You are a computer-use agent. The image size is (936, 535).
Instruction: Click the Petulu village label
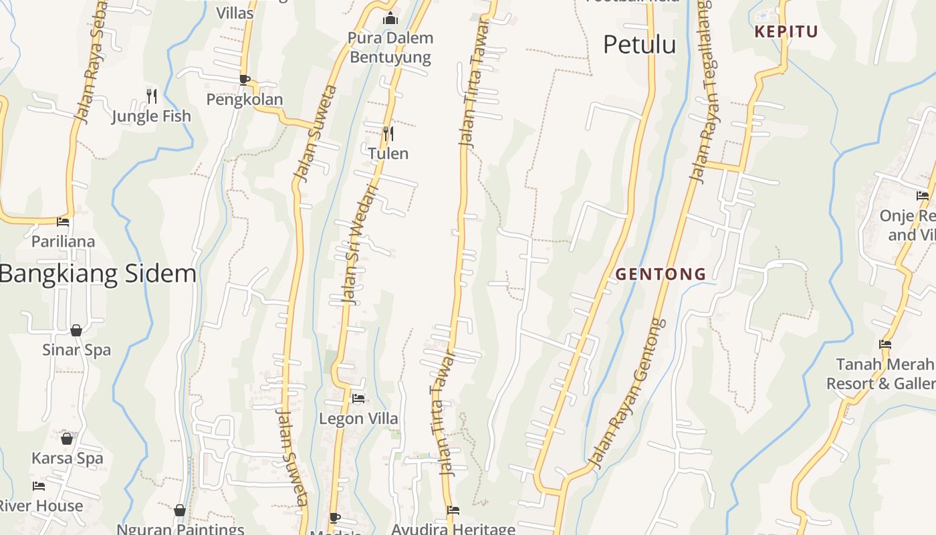(x=639, y=45)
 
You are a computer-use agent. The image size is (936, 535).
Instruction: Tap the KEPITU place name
(x=786, y=31)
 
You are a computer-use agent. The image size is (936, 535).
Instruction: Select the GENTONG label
(x=661, y=274)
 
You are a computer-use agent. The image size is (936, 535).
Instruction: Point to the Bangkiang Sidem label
(x=98, y=274)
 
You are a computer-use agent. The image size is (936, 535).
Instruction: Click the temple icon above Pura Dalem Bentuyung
(x=390, y=19)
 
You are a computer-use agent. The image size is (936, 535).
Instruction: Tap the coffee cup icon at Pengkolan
(x=245, y=80)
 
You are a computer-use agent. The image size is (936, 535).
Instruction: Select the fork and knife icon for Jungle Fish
(x=152, y=96)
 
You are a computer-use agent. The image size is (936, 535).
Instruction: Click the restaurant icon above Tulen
(x=388, y=134)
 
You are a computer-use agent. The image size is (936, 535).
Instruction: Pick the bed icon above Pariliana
(x=63, y=221)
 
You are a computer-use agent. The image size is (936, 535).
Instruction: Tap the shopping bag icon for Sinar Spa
(x=76, y=330)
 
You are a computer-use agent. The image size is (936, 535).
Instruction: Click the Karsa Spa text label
(x=68, y=458)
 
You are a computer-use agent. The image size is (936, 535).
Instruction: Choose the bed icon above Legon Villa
(x=358, y=399)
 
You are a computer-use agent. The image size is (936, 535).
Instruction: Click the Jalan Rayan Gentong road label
(x=627, y=395)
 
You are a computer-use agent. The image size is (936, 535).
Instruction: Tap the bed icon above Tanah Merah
(x=885, y=344)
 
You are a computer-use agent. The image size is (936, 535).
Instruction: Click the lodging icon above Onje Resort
(x=923, y=196)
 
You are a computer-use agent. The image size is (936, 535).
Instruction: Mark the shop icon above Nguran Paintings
(x=179, y=511)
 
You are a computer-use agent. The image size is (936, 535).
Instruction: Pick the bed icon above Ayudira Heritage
(x=453, y=510)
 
